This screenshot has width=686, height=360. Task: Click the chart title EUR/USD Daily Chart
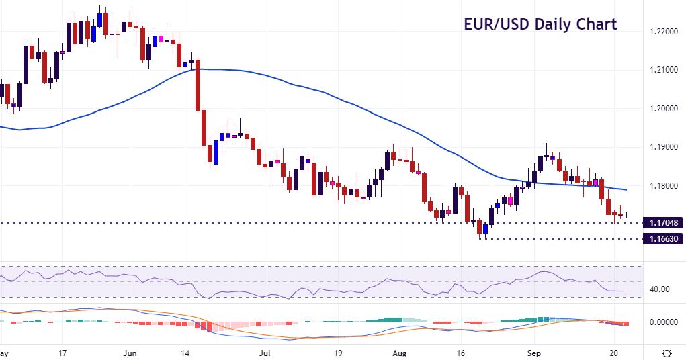tap(540, 25)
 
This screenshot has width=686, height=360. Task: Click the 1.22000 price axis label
tap(663, 32)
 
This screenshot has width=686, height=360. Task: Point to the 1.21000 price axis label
tap(663, 70)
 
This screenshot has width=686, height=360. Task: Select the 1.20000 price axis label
tap(663, 109)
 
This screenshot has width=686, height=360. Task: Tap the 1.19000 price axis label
tap(663, 147)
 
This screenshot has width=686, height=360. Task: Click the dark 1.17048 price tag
tap(663, 222)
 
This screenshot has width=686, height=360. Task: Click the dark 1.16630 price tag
tap(663, 238)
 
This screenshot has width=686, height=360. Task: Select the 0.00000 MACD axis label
tap(663, 322)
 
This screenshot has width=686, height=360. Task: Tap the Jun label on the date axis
tap(130, 352)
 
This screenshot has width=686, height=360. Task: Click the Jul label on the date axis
tap(266, 352)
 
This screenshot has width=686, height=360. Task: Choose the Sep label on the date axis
tap(534, 352)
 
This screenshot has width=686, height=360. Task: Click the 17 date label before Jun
tap(62, 352)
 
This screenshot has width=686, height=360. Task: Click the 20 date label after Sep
tap(615, 352)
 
